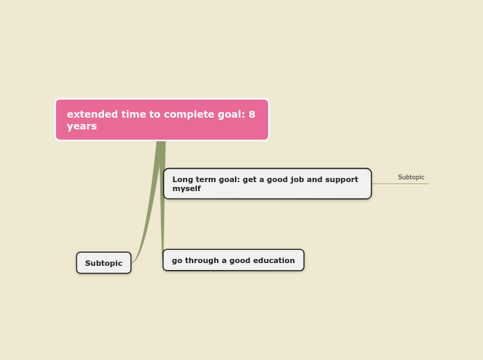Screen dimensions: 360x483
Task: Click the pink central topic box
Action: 161,120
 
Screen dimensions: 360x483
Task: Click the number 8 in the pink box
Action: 252,115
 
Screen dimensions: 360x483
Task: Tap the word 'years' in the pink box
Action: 82,127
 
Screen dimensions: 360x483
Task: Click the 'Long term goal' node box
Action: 267,184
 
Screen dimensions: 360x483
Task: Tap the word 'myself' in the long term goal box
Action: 186,189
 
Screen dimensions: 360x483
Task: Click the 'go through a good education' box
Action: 233,260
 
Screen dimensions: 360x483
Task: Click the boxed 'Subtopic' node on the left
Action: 103,263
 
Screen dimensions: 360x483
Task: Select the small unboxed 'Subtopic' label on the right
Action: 411,178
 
